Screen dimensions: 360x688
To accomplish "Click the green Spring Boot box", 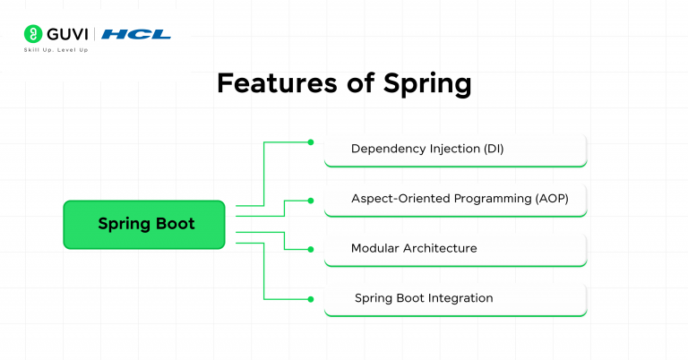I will tap(144, 224).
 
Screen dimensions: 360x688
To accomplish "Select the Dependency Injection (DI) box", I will tap(455, 150).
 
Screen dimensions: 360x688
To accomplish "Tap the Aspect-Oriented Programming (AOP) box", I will tap(455, 199).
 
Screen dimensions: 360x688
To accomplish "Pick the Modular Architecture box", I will tap(455, 248).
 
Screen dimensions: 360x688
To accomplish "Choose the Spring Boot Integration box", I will tap(455, 298).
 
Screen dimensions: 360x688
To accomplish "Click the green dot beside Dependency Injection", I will tap(311, 141).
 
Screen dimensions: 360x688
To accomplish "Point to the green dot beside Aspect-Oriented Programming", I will tap(311, 200).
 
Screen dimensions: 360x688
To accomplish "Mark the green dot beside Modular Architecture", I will tap(311, 248).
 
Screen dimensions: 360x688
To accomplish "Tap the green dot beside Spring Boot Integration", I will tap(311, 298).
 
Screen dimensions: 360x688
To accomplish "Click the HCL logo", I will tap(135, 35).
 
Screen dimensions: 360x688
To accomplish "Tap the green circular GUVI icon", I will tap(33, 34).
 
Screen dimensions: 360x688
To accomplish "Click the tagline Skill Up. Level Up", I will tap(56, 50).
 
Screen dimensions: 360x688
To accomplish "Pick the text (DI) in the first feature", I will tap(492, 149).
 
